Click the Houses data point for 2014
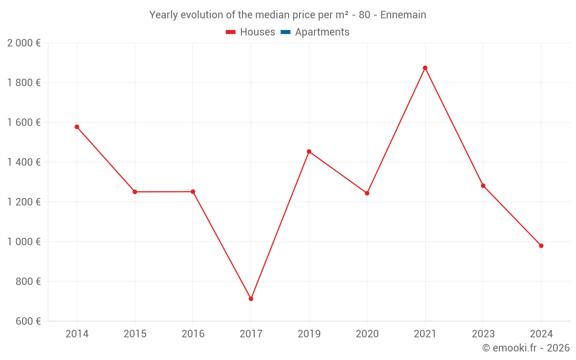click(x=77, y=127)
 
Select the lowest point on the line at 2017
click(x=251, y=299)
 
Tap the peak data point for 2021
click(x=425, y=68)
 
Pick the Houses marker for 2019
click(x=309, y=151)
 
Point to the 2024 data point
click(x=541, y=246)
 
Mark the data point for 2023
click(x=483, y=185)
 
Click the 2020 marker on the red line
click(x=367, y=193)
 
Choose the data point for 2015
click(x=135, y=192)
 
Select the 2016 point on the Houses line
click(x=193, y=192)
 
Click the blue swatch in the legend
click(x=285, y=32)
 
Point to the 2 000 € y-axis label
click(x=24, y=43)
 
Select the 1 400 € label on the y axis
click(x=24, y=162)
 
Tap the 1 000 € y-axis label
click(x=24, y=242)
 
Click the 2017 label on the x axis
click(x=251, y=334)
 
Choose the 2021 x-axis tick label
click(x=425, y=334)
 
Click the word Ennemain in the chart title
click(x=403, y=15)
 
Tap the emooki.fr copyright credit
click(x=526, y=348)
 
